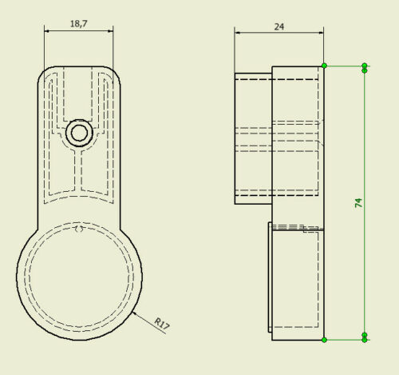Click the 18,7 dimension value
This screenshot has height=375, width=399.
(x=79, y=24)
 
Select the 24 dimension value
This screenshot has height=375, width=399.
(x=279, y=26)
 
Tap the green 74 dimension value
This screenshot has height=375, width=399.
(x=358, y=203)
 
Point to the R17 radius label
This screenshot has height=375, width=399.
(x=162, y=325)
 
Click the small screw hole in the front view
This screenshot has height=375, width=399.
(x=79, y=133)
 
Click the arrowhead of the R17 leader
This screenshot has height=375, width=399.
(x=135, y=313)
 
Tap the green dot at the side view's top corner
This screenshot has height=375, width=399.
(x=324, y=66)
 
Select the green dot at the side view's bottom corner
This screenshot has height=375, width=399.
(x=324, y=340)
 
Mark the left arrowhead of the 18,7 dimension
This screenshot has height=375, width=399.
(x=47, y=31)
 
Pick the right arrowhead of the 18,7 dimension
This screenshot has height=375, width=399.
(x=110, y=31)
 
